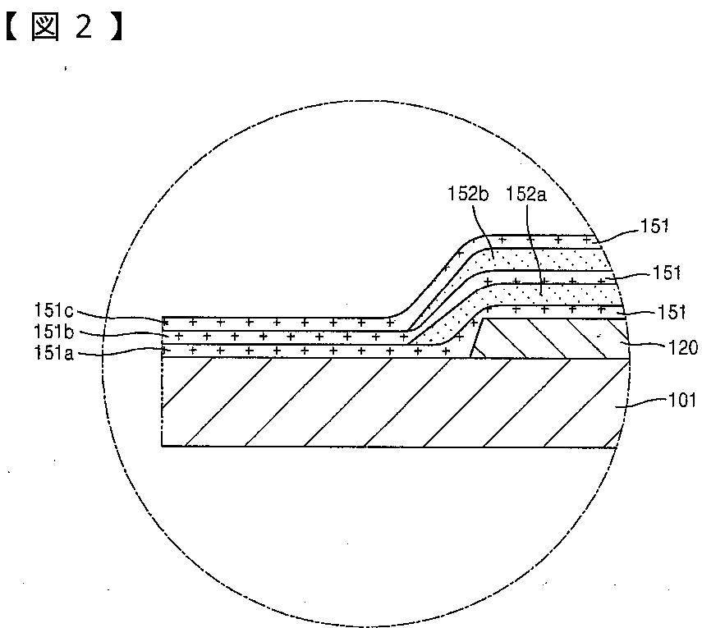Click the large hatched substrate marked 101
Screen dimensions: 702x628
pos(378,402)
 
